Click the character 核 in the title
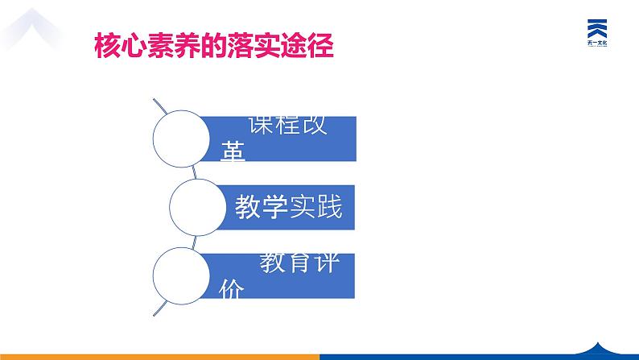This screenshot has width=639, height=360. pos(109,44)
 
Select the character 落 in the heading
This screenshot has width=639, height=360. pos(232,44)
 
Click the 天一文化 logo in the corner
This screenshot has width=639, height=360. pos(596,33)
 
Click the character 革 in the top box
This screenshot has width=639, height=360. pos(233,151)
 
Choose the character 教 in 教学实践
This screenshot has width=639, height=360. pos(248,208)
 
